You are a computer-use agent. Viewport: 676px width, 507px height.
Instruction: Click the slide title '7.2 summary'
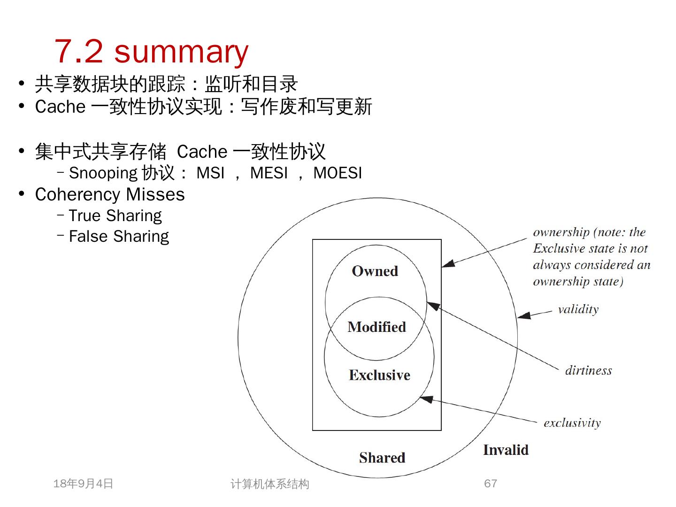[151, 52]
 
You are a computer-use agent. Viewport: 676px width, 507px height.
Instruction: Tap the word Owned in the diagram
[375, 271]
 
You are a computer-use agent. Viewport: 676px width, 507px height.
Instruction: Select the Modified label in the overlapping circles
[376, 327]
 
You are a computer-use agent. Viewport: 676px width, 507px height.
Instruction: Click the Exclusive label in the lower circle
[379, 375]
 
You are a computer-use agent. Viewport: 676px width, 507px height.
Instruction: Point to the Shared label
[382, 458]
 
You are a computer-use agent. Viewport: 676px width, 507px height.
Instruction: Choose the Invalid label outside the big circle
[506, 450]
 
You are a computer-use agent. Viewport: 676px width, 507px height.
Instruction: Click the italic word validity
[578, 309]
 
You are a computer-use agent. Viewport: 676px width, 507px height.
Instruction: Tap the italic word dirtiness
[588, 371]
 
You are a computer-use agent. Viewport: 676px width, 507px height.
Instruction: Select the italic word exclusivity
[572, 423]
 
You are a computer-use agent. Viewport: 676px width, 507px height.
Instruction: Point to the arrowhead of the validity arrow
[523, 316]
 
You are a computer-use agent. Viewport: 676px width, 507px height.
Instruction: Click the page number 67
[491, 484]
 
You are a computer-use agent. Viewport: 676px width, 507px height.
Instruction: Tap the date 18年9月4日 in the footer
[83, 484]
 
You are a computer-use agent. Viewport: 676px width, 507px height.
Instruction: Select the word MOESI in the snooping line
[338, 173]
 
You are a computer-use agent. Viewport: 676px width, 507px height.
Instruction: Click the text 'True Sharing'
[115, 216]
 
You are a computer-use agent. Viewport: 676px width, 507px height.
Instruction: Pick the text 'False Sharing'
[119, 237]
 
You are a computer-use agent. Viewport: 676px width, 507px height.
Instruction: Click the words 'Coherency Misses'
[110, 195]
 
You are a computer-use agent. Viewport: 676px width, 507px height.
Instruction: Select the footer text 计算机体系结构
[269, 484]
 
